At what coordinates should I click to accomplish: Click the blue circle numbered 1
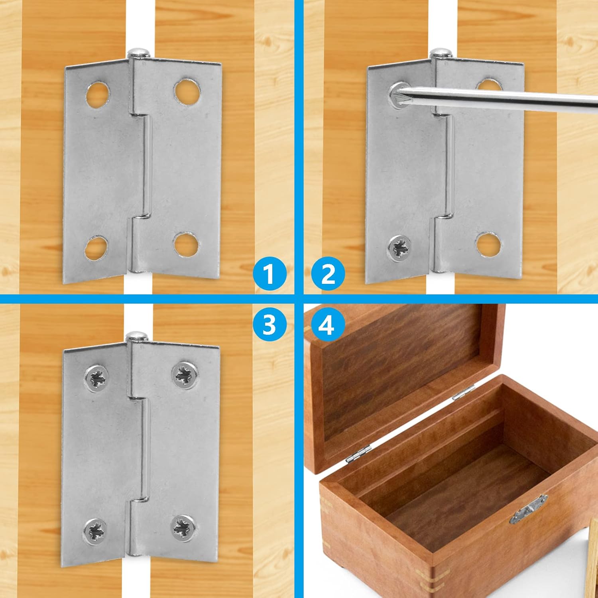pos(269,274)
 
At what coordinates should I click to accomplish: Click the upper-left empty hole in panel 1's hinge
pos(98,95)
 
